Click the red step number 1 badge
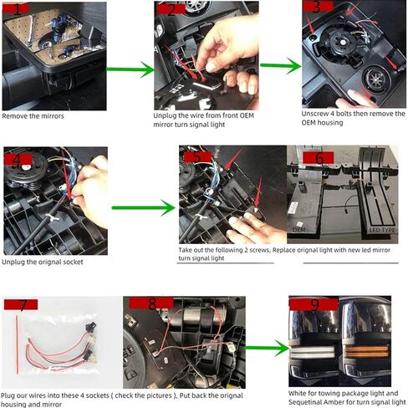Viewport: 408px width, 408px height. [16, 8]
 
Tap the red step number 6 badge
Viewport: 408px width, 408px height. [319, 158]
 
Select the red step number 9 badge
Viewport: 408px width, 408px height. [314, 304]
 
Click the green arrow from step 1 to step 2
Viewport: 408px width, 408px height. [130, 69]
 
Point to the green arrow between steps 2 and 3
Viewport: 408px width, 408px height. [280, 66]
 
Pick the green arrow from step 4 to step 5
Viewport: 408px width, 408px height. [143, 207]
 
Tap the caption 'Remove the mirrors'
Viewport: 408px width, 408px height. [33, 116]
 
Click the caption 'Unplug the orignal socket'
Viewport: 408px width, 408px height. [43, 262]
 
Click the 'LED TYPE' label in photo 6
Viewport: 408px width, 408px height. [382, 231]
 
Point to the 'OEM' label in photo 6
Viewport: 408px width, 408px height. [299, 230]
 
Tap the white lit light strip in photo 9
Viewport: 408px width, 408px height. [312, 353]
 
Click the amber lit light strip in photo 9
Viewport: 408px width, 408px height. [367, 352]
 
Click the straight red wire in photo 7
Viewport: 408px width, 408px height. [17, 344]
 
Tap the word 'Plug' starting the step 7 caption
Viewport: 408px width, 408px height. [8, 395]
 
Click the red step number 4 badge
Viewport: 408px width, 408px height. [18, 160]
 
